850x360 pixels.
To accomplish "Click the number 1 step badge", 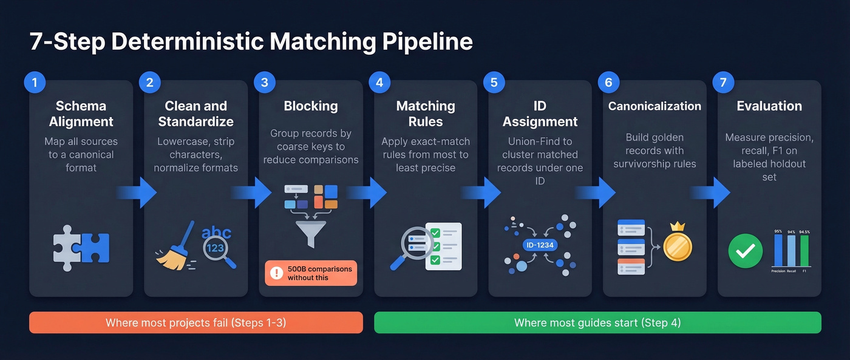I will pos(35,83).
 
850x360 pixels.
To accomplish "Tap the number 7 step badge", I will pos(723,83).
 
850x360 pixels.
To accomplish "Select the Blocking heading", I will pos(311,106).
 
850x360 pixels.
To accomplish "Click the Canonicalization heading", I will pos(654,106).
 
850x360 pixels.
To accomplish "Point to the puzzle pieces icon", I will pos(81,248).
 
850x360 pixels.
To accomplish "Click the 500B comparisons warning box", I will pos(311,273).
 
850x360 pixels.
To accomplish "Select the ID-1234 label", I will pos(540,245).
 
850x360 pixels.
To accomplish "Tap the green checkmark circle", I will pos(745,251).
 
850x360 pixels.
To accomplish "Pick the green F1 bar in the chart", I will pos(804,250).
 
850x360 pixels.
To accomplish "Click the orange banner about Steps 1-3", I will pos(195,322).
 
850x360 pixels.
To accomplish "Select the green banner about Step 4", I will pos(597,322).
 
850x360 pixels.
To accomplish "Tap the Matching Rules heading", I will pos(426,114).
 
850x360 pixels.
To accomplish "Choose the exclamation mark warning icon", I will pos(276,273).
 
